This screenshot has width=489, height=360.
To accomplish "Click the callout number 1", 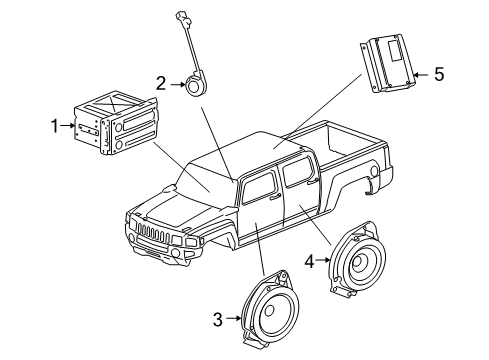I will pos(57,126).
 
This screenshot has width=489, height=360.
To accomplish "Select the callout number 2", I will pos(161,84).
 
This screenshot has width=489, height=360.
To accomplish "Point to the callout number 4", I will pos(310,263).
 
